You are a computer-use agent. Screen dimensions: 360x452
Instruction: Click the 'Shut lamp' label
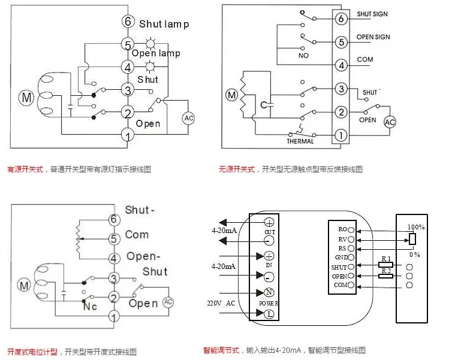click(x=164, y=24)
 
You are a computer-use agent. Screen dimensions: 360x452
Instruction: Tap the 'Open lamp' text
click(x=156, y=53)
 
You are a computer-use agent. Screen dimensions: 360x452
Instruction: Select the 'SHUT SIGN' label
click(x=373, y=14)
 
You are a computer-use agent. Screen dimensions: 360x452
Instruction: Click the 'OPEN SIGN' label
click(x=373, y=37)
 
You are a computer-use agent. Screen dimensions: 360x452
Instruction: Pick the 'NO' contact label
click(x=303, y=56)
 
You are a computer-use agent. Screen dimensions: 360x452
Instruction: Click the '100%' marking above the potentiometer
click(x=415, y=228)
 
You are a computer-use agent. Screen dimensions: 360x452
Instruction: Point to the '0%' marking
click(x=414, y=254)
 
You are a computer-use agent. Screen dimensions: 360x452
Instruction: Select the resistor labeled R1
click(x=385, y=264)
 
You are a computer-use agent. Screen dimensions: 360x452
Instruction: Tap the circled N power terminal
click(x=269, y=293)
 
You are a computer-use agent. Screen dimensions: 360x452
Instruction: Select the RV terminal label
click(x=343, y=238)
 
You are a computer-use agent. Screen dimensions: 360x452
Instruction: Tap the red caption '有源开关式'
click(x=25, y=170)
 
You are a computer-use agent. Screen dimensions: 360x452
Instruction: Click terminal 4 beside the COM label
click(x=340, y=65)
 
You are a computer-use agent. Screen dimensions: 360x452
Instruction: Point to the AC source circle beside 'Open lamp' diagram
click(x=189, y=118)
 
